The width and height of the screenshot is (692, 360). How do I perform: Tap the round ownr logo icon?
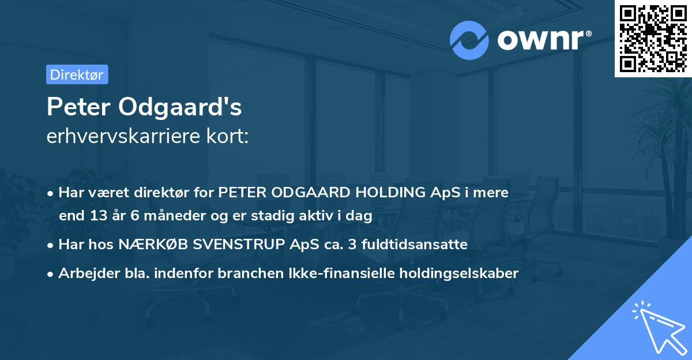(x=469, y=40)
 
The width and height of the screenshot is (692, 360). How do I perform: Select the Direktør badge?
(x=77, y=74)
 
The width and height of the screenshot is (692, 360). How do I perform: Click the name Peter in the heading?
(x=80, y=107)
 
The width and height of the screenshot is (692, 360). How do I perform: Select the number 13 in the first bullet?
(x=97, y=216)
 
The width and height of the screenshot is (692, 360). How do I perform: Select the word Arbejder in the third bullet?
(x=85, y=273)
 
